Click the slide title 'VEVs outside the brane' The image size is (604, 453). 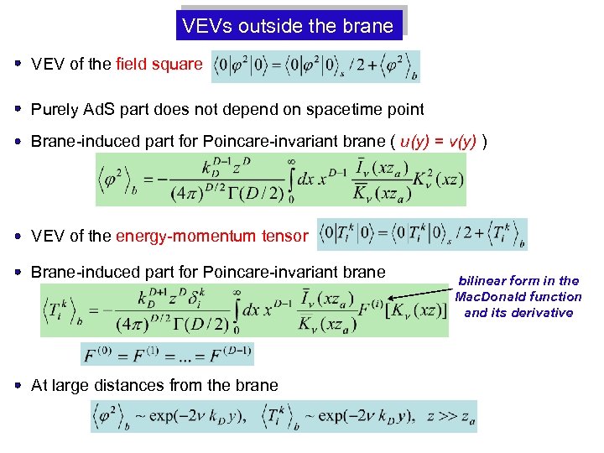(288, 25)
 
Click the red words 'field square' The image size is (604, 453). (159, 64)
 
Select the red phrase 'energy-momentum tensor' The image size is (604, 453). (211, 236)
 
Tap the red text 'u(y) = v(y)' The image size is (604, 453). (439, 140)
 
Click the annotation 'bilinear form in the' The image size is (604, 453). (518, 280)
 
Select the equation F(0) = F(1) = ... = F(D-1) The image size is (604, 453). (167, 353)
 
